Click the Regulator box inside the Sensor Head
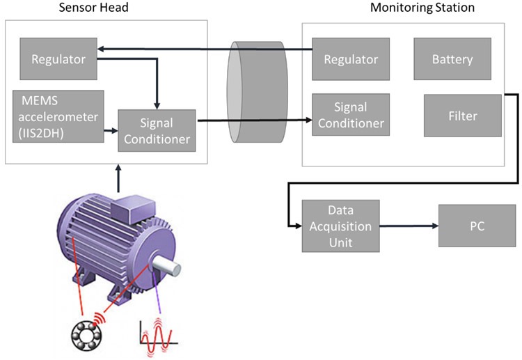point(58,59)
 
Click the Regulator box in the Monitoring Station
point(350,59)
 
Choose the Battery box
point(452,59)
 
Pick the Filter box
point(462,115)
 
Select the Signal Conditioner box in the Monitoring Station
point(350,115)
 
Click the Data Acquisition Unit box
point(340,226)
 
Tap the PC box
point(477,226)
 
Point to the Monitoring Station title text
point(422,8)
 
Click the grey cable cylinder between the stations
point(257,92)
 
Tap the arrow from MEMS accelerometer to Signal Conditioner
point(110,130)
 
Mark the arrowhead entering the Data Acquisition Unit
point(296,226)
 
